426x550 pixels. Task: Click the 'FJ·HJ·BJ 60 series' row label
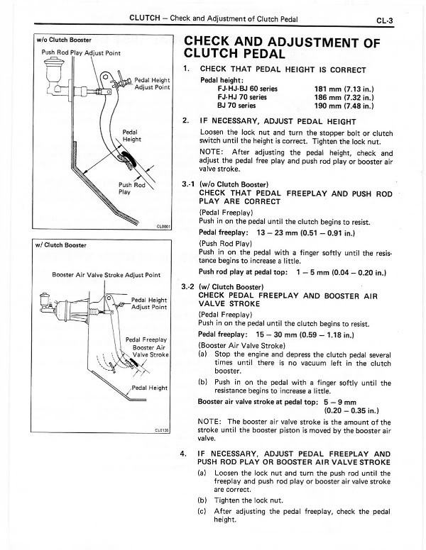[238, 88]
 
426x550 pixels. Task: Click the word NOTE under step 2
[212, 153]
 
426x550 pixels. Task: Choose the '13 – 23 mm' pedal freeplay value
[284, 232]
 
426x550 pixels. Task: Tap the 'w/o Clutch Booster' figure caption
[63, 40]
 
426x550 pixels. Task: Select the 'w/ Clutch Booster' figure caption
[61, 245]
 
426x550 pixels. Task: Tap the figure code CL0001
[164, 227]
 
